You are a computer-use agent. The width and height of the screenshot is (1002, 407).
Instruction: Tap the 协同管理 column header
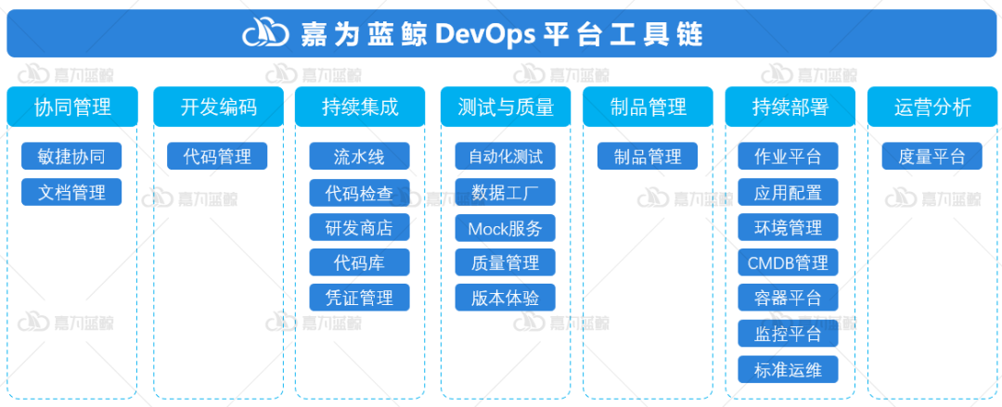click(x=71, y=107)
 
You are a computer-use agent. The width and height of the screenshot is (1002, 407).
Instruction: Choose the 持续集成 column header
click(x=360, y=107)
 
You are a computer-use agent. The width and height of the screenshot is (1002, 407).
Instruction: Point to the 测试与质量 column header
click(x=506, y=107)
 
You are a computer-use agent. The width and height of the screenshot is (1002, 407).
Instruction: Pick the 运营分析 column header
click(x=932, y=107)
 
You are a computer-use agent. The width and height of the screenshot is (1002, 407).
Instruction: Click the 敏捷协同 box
click(x=71, y=157)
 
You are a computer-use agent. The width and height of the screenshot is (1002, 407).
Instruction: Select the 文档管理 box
click(x=71, y=192)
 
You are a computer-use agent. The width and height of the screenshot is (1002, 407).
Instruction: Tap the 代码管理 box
click(x=217, y=157)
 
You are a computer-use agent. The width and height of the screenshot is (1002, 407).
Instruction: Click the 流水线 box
click(x=359, y=157)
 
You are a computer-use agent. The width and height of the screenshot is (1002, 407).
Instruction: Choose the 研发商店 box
click(x=359, y=227)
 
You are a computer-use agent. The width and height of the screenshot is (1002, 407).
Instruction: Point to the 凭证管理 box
click(x=359, y=298)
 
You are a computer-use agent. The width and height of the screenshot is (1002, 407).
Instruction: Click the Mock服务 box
click(x=505, y=227)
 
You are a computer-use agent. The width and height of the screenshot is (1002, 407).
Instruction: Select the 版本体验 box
click(x=505, y=298)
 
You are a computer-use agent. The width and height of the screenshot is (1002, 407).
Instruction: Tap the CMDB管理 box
click(x=788, y=262)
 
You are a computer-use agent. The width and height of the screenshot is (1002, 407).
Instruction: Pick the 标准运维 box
click(x=788, y=369)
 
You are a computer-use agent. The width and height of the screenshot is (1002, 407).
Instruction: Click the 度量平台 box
click(x=931, y=157)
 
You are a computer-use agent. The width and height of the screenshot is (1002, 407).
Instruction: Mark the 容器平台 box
click(x=788, y=298)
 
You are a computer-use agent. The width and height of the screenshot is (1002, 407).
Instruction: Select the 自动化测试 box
click(x=505, y=157)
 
